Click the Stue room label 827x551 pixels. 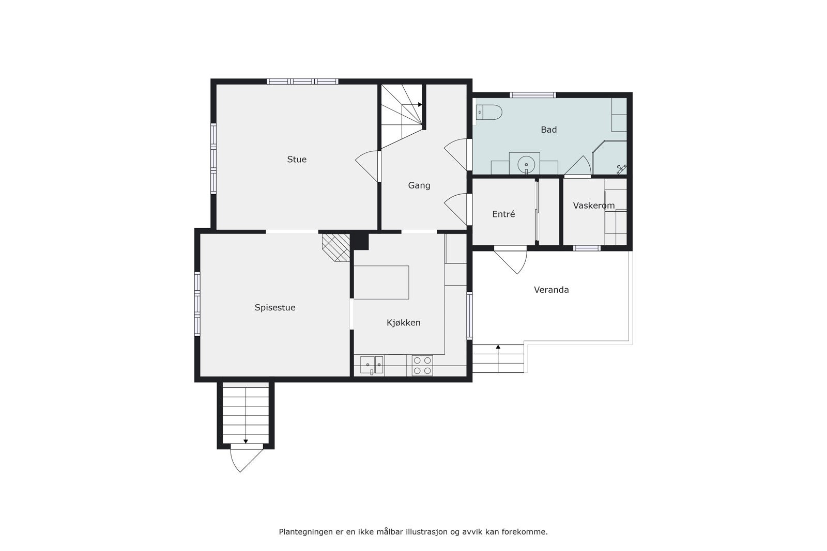tap(297, 160)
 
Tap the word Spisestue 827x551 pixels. tap(275, 308)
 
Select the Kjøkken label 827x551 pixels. tap(404, 323)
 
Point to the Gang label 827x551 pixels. tap(419, 185)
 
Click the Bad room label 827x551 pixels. tap(549, 130)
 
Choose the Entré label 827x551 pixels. tap(503, 214)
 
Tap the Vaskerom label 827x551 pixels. tap(594, 206)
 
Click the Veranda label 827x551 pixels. tap(552, 290)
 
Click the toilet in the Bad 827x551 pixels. tap(489, 112)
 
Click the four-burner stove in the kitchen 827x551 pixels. tap(422, 366)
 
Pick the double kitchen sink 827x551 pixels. tap(372, 365)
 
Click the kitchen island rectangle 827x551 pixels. tap(381, 282)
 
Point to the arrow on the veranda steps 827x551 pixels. tap(498, 348)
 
